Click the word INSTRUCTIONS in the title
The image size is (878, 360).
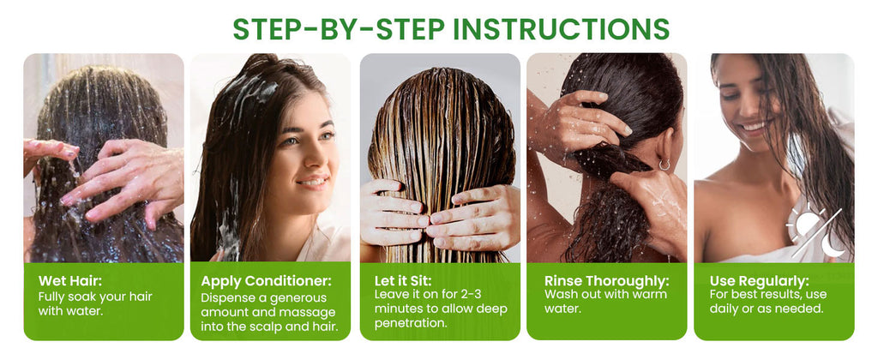click(x=561, y=29)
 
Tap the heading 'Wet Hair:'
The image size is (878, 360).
click(x=70, y=281)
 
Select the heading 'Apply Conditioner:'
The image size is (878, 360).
click(x=266, y=281)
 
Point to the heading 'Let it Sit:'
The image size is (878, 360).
click(x=403, y=279)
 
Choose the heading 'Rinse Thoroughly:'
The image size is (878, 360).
click(x=607, y=280)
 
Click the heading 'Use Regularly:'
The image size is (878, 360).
click(x=760, y=280)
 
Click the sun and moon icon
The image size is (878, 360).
click(x=815, y=233)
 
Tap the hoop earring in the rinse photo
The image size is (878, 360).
click(x=664, y=165)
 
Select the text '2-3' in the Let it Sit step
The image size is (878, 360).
click(x=468, y=295)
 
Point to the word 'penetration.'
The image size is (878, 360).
click(x=411, y=323)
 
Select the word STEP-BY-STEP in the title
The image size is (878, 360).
click(x=339, y=29)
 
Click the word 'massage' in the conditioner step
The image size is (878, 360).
click(x=312, y=312)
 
